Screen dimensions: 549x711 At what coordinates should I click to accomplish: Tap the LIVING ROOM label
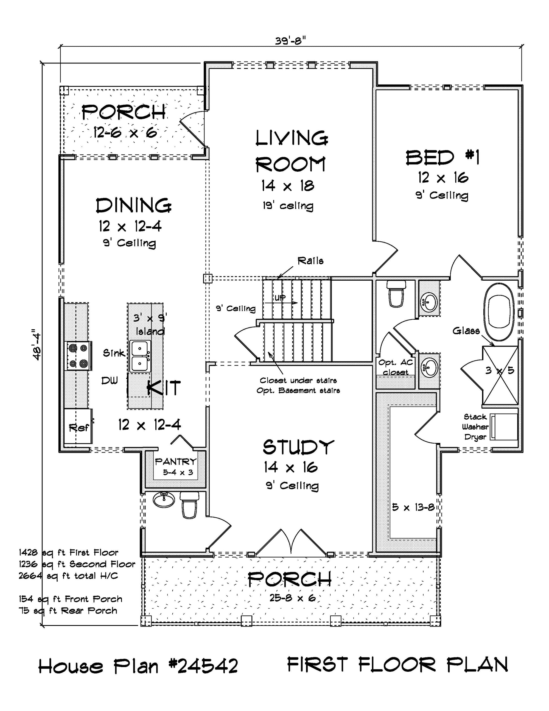pos(291,151)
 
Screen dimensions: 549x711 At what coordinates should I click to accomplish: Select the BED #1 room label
pos(442,158)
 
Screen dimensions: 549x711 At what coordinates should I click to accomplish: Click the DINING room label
pos(133,205)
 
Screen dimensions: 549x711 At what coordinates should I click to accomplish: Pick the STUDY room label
pos(298,447)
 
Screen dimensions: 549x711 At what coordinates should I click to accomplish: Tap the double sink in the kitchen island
pos(140,356)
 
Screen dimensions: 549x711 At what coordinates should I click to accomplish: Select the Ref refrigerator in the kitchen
pos(79,427)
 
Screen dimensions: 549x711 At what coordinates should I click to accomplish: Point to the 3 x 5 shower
pos(500,375)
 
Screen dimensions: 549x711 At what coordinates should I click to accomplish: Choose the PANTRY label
pos(176,461)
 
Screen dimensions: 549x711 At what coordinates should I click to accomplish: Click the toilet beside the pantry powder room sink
pos(189,504)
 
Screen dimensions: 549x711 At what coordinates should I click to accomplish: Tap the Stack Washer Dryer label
pos(475,427)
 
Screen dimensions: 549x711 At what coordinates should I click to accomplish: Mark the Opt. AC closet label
pos(395,367)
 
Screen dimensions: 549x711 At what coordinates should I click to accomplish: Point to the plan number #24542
pos(203,666)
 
